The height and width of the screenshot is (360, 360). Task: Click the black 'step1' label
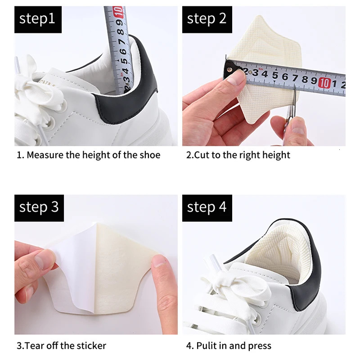(x=37, y=19)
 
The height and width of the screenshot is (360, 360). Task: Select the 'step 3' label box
(x=39, y=207)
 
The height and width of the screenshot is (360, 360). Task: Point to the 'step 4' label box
(x=207, y=207)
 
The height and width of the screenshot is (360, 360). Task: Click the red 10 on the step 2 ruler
(x=324, y=82)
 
